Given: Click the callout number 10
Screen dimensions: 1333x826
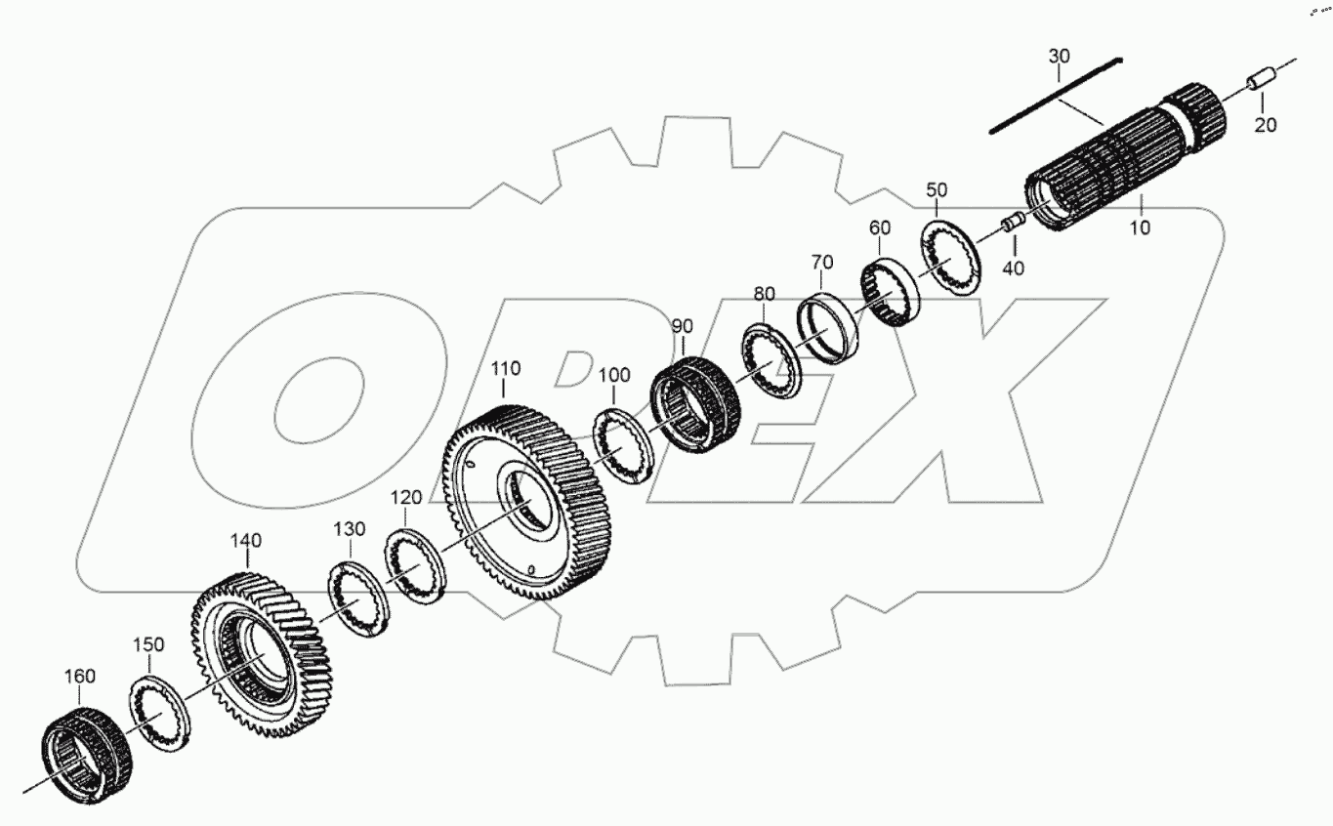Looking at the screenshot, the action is point(1141,227).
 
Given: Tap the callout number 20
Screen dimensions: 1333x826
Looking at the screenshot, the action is point(1266,125).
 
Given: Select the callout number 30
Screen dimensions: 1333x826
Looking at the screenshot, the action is point(1059,56).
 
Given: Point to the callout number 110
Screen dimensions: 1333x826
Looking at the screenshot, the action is point(506,368).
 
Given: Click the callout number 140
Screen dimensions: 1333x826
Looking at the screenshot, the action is point(246,540).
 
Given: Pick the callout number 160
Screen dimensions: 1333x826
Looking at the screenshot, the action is point(80,676).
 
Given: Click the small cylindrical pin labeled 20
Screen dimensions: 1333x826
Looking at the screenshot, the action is point(1260,80).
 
